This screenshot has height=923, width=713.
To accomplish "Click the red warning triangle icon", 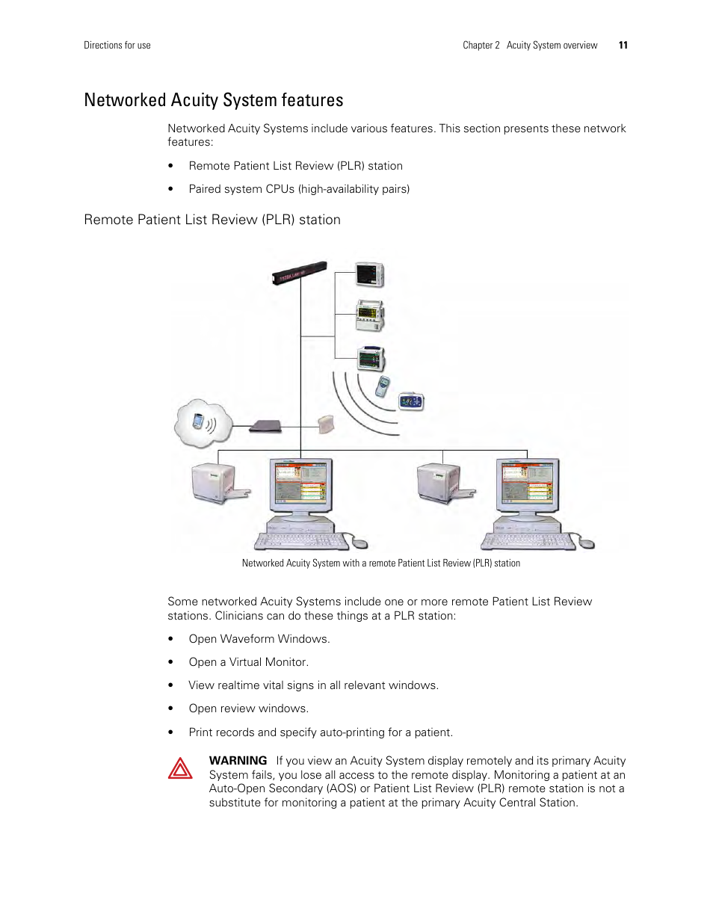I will (x=180, y=768).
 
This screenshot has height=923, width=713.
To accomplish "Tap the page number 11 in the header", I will (x=623, y=46).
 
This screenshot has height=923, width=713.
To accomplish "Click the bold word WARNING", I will (x=238, y=761).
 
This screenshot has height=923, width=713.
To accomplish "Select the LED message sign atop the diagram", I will (x=300, y=273).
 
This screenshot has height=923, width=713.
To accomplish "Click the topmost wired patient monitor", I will (x=369, y=275).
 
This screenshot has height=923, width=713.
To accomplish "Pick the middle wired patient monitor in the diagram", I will (x=370, y=315).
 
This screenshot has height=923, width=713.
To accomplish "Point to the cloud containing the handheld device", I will (x=202, y=424).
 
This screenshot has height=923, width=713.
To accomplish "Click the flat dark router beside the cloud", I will (x=265, y=426).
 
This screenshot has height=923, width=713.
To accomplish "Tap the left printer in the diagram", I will (x=217, y=484).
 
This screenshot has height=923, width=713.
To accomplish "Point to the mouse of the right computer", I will (x=587, y=543).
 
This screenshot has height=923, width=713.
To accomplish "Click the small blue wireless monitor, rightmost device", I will (x=411, y=401).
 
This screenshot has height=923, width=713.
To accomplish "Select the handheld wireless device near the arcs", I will (x=382, y=387).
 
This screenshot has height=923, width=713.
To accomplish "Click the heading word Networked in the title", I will (x=125, y=100).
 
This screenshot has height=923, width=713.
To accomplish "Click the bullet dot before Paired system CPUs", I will (x=171, y=189).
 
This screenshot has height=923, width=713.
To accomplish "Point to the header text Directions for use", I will (x=117, y=46).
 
